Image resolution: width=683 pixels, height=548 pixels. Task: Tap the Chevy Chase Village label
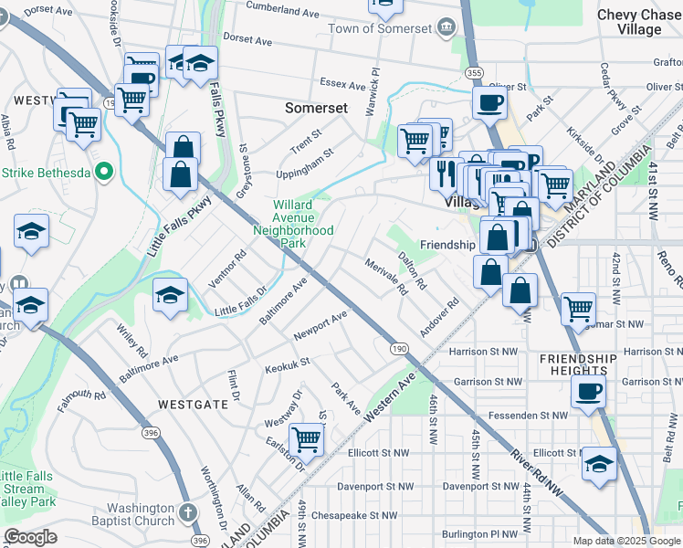640,22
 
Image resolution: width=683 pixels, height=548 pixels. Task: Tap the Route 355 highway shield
473,72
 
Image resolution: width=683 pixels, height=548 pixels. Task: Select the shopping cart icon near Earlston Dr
307,439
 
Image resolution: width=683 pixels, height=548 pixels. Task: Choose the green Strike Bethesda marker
104,172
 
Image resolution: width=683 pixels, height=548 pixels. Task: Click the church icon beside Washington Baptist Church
187,514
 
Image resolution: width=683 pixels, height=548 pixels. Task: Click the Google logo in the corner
30,537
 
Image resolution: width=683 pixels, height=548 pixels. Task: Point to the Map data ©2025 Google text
627,541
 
